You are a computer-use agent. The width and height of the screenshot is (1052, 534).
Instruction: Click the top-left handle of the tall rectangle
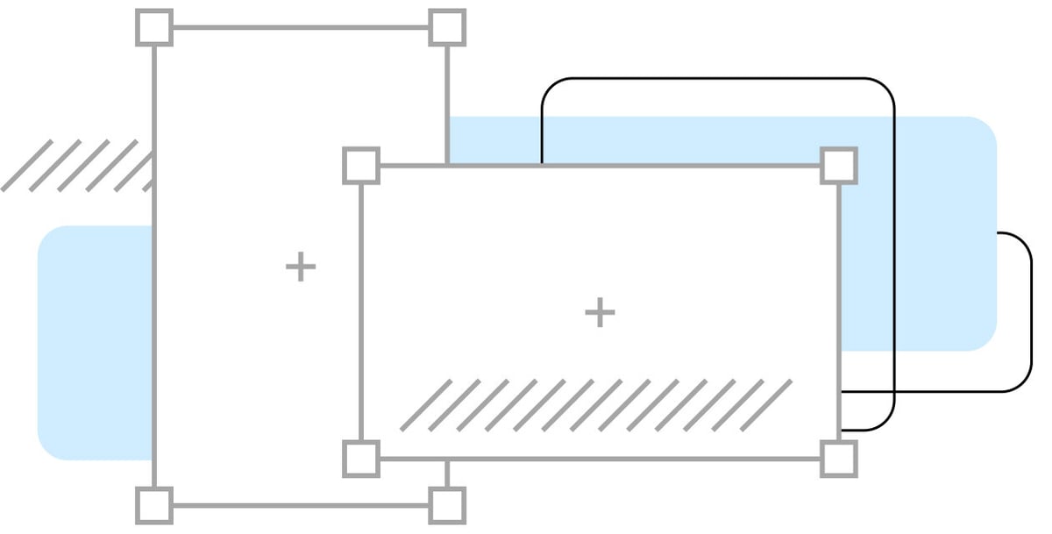[x=154, y=27]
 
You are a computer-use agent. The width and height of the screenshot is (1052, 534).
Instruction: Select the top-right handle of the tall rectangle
[x=447, y=27]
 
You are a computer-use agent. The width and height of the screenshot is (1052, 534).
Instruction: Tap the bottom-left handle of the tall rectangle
[x=154, y=505]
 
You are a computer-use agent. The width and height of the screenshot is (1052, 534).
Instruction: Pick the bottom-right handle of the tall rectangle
[x=447, y=505]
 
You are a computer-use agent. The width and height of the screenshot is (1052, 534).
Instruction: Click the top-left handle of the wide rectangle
[x=361, y=165]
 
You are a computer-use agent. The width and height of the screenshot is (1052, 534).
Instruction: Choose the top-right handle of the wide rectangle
[x=839, y=165]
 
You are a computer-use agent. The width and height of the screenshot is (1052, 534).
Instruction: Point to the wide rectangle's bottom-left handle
[x=361, y=459]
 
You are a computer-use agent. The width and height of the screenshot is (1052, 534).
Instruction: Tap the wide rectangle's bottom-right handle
[x=839, y=459]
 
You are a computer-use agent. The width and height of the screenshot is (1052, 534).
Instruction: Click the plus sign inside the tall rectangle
[x=301, y=266]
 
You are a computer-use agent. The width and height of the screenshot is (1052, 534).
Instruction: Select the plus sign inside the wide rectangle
[x=600, y=312]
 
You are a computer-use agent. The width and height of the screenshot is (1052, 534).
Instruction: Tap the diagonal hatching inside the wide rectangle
[x=596, y=404]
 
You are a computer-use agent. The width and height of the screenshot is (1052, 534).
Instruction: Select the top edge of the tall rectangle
[x=301, y=27]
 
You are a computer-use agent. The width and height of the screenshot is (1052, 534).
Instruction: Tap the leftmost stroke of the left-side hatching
[x=27, y=165]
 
